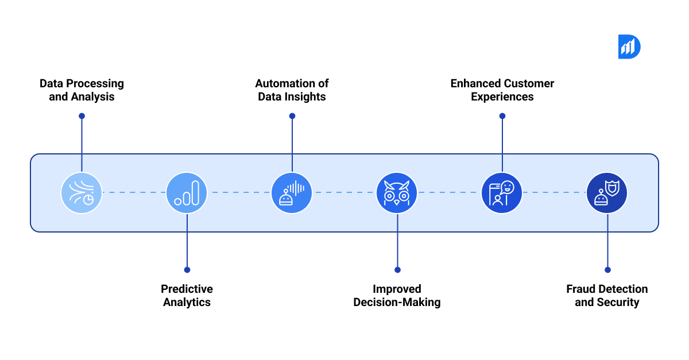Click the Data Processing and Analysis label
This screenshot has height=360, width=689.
[82, 90]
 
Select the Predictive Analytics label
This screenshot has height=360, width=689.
[187, 296]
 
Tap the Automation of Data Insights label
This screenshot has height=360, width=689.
[292, 90]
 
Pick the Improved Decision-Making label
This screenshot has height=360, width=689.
[397, 296]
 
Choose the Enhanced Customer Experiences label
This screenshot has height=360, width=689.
[502, 90]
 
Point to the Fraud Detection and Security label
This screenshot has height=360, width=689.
[607, 296]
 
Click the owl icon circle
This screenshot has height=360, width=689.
[397, 193]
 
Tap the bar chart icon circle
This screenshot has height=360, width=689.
[187, 193]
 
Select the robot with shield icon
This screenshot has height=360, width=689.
[607, 193]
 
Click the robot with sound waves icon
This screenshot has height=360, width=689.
[292, 193]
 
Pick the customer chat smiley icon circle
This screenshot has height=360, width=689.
[502, 193]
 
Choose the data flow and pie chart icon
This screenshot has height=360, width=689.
[82, 193]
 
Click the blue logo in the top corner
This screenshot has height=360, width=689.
[629, 47]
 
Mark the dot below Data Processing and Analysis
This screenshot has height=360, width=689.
[82, 116]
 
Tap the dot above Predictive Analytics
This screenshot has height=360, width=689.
[187, 269]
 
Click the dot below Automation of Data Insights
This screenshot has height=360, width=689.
[292, 116]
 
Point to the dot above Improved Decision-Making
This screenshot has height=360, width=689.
[397, 269]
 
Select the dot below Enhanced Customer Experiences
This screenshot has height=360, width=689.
[502, 116]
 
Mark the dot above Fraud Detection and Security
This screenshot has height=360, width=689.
[607, 269]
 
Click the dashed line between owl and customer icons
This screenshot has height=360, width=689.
[449, 193]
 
